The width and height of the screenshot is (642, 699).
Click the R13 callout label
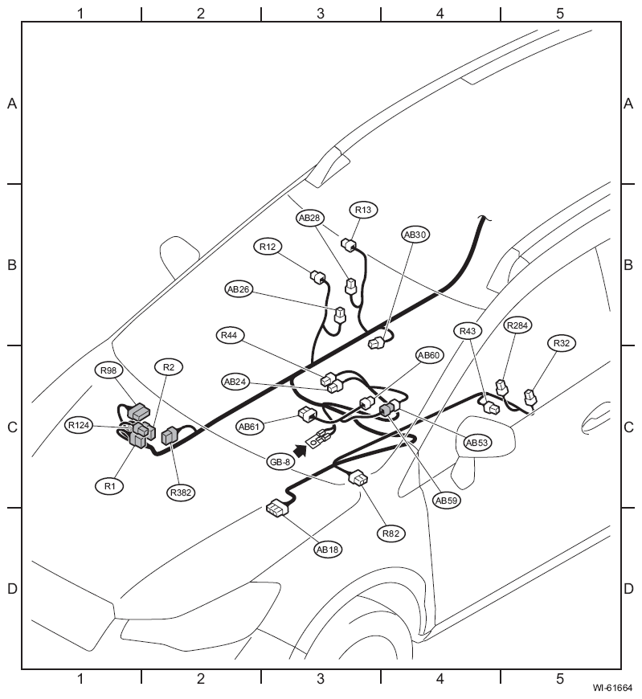(x=363, y=210)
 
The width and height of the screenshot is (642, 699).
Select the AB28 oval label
(x=309, y=218)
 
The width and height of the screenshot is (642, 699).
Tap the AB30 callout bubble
(x=415, y=235)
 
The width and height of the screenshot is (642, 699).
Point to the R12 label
(x=268, y=247)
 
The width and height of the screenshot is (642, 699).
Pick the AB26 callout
(x=239, y=289)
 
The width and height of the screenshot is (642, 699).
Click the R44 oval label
(x=229, y=335)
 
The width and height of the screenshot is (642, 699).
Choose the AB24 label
(x=235, y=382)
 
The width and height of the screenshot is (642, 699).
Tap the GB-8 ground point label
(x=280, y=462)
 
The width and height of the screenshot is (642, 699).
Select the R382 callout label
(x=181, y=493)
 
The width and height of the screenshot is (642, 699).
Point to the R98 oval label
(x=108, y=370)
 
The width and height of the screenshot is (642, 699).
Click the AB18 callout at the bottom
(x=328, y=550)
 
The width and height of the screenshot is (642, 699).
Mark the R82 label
(x=391, y=533)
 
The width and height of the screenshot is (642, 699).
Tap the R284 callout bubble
(x=517, y=325)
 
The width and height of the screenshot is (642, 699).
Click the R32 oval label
(x=562, y=343)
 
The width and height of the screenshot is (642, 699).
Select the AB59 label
(x=446, y=501)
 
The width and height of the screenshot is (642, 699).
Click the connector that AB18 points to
(x=277, y=509)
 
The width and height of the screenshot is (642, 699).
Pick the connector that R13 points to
(x=349, y=244)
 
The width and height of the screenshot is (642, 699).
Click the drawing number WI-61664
(x=612, y=688)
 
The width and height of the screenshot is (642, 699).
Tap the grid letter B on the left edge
(x=12, y=265)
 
